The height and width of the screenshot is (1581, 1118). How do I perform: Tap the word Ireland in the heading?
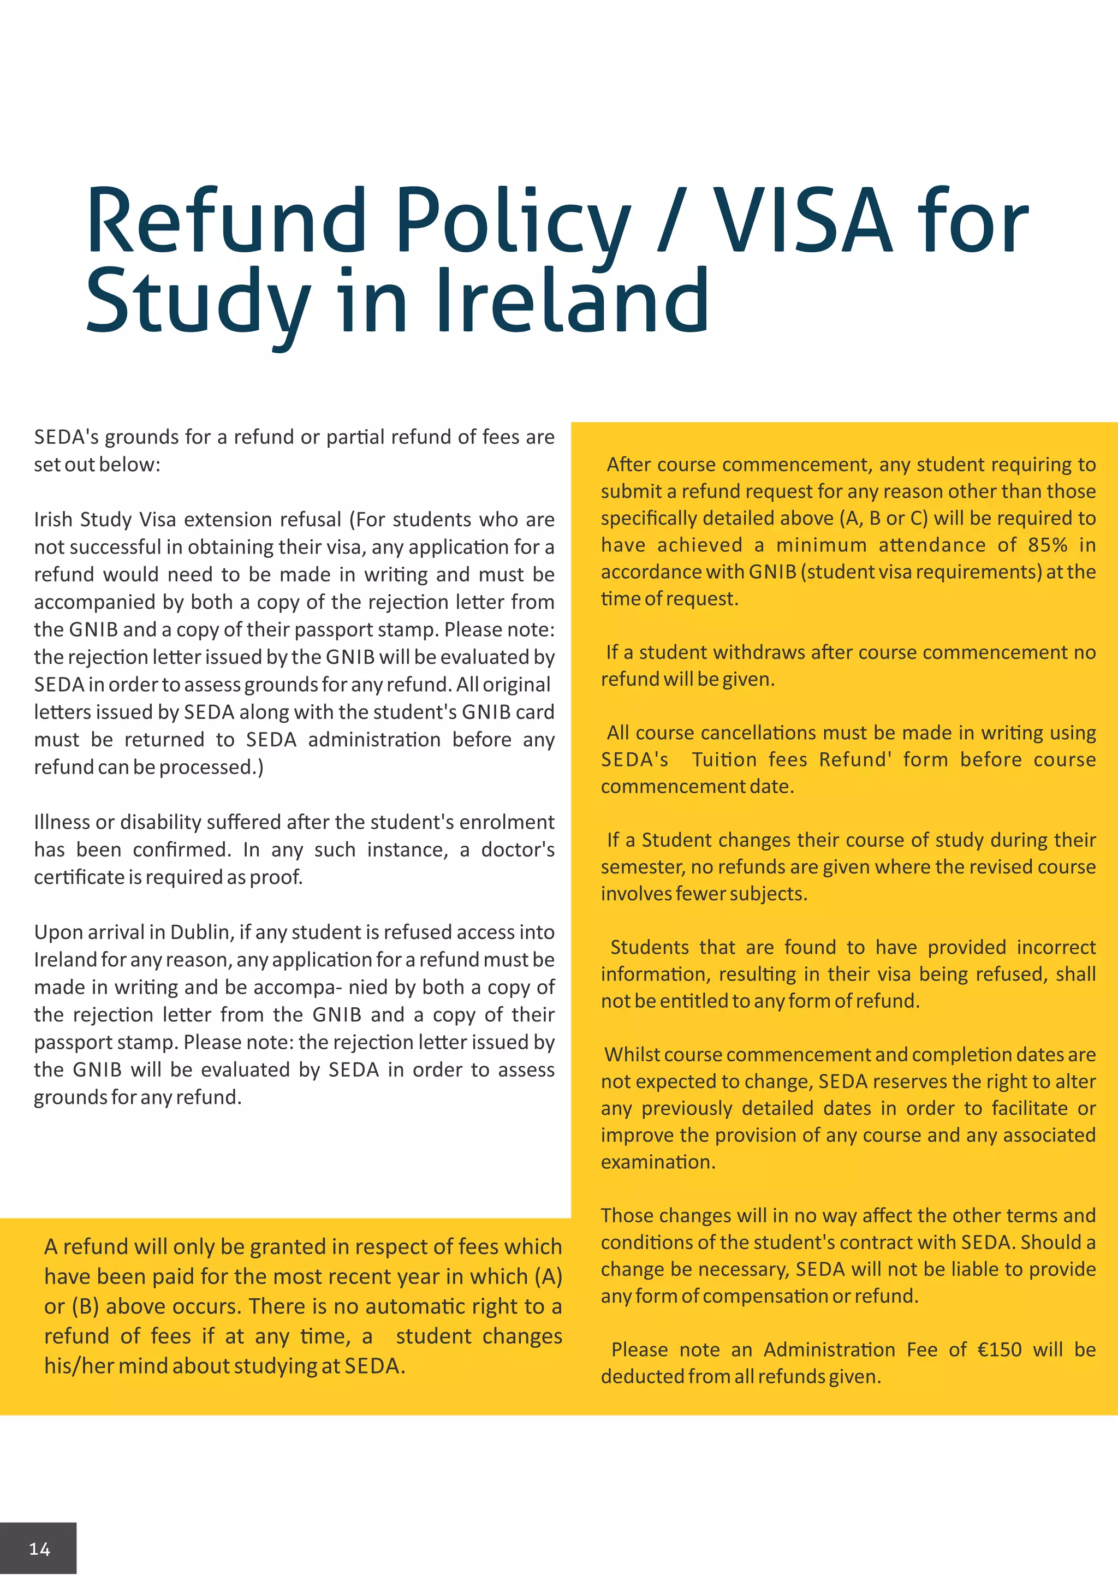[x=572, y=301]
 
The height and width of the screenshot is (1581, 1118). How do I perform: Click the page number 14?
[x=39, y=1549]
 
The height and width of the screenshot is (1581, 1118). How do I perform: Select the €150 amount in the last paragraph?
[x=1000, y=1349]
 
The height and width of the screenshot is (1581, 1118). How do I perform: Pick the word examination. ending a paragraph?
[x=657, y=1162]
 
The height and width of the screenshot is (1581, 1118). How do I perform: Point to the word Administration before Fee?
[x=830, y=1349]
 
